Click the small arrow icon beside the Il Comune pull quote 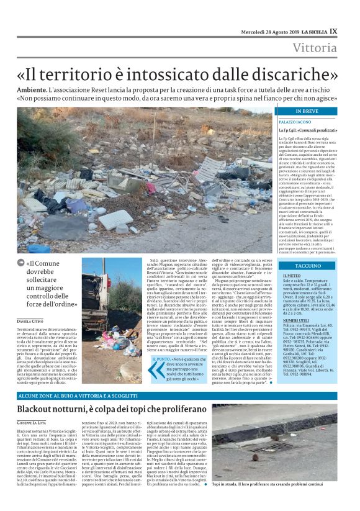point(21,264)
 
